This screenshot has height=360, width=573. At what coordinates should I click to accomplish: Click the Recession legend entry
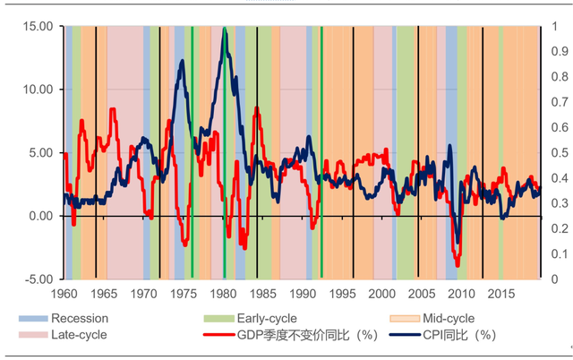(x=79, y=319)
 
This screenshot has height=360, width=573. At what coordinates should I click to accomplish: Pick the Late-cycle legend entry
(x=79, y=335)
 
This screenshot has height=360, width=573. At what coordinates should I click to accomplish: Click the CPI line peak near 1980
(x=224, y=30)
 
